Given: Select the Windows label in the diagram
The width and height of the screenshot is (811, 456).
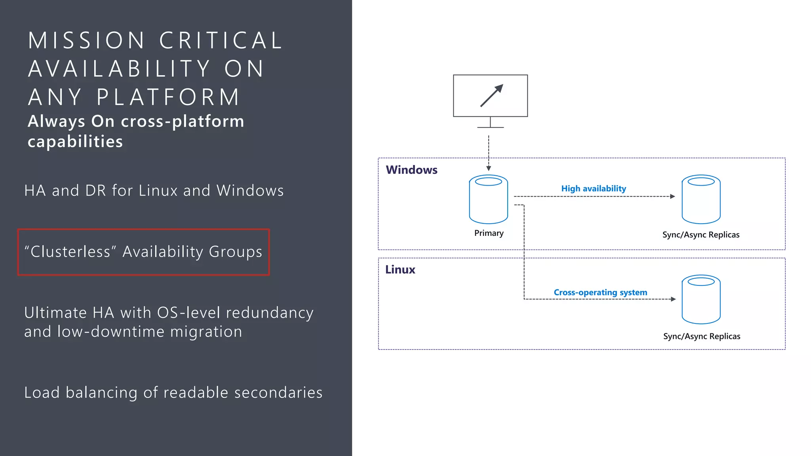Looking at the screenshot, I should coord(411,170).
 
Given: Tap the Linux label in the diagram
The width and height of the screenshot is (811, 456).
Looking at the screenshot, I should coord(400,270).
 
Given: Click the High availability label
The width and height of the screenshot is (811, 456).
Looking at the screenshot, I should coord(593,188).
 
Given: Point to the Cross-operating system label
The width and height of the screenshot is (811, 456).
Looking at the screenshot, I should coord(600,293).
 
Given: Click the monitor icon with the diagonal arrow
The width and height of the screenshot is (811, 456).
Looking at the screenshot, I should coord(490,96).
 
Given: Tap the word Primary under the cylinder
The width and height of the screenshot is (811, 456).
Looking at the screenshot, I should coord(489,233).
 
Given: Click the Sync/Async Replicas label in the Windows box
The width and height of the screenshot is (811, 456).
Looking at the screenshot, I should coord(701,235).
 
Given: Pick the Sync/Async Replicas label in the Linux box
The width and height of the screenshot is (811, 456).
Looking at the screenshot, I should coord(701,336).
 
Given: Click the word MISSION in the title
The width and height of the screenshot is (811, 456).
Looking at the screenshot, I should coord(87,40).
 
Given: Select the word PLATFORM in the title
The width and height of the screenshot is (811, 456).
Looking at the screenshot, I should coord(168,97).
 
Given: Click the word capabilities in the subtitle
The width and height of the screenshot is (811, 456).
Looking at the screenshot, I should coord(75,142).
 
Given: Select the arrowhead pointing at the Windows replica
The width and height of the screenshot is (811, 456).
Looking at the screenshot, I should coord(672,196).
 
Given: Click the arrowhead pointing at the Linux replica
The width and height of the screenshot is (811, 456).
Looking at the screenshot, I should coord(673,299).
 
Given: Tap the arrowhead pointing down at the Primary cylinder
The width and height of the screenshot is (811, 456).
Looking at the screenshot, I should coord(489,168).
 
